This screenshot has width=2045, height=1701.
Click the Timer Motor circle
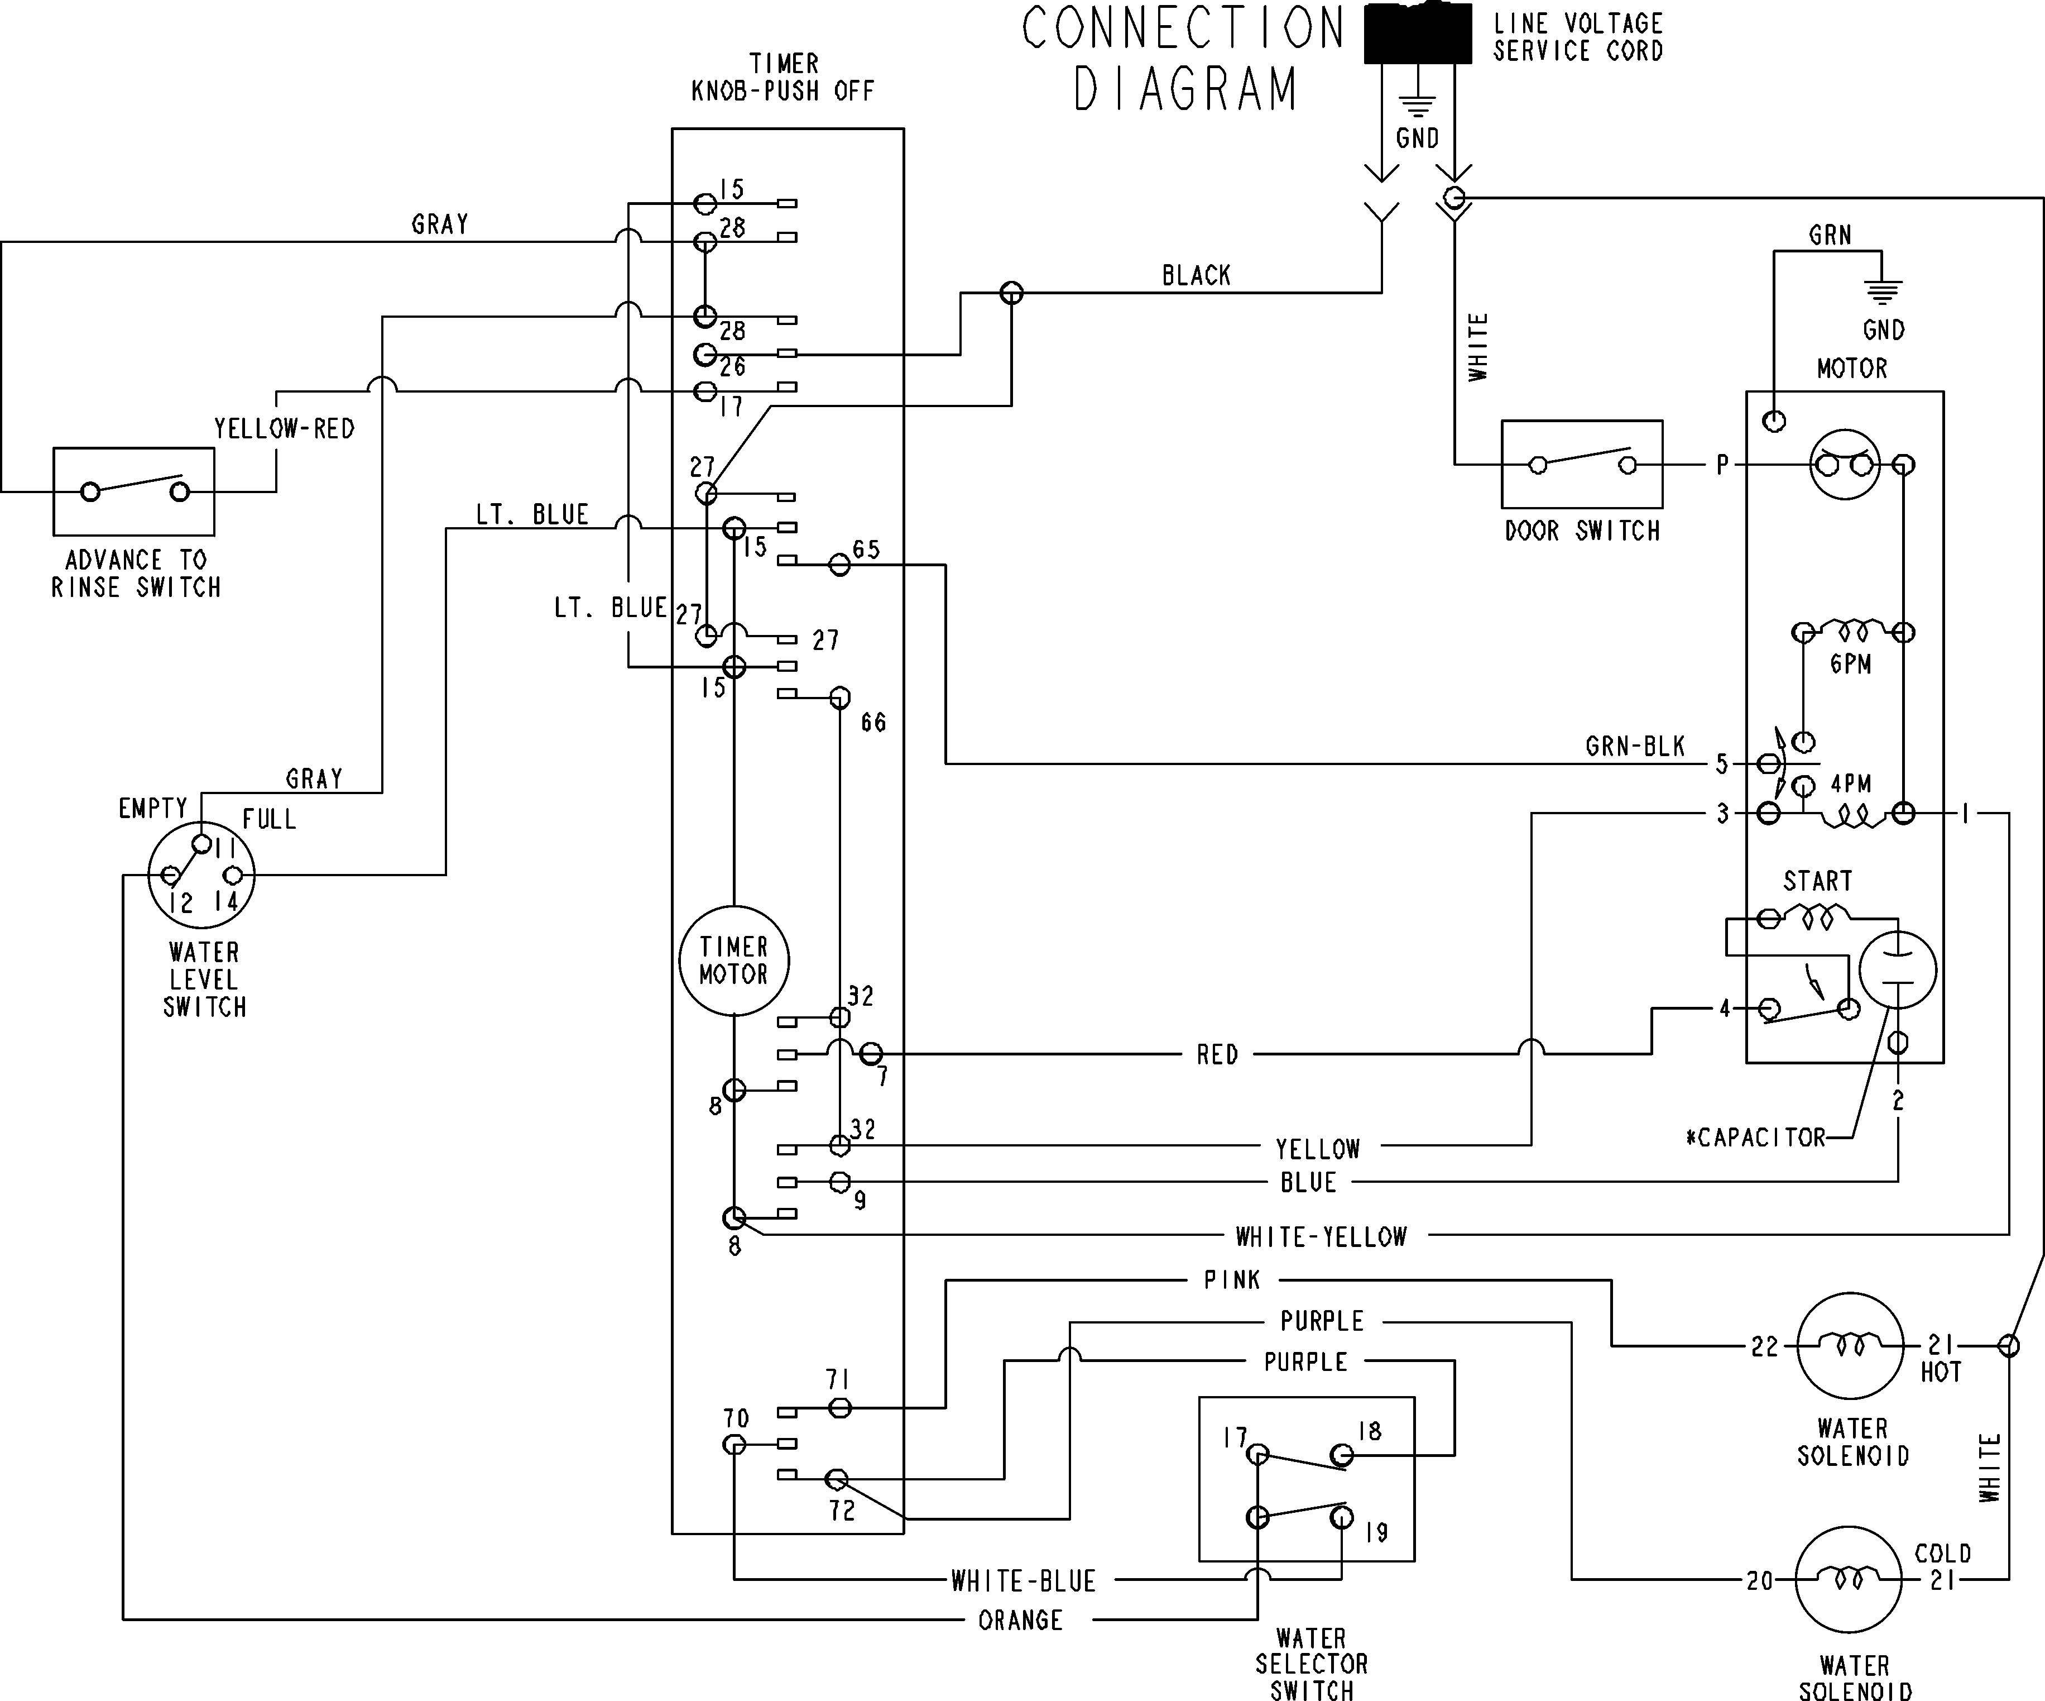pyautogui.click(x=733, y=961)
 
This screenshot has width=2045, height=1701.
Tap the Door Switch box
pyautogui.click(x=1581, y=465)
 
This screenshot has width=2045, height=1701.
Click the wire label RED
pyautogui.click(x=1217, y=1054)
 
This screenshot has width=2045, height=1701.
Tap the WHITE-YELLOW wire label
pyautogui.click(x=1321, y=1236)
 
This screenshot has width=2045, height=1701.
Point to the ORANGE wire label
pyautogui.click(x=1020, y=1620)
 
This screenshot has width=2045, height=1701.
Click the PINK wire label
pyautogui.click(x=1232, y=1279)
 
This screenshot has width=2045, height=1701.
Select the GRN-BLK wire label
pyautogui.click(x=1635, y=746)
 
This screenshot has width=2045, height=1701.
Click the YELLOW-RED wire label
pyautogui.click(x=284, y=428)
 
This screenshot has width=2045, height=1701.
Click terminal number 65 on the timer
pyautogui.click(x=866, y=550)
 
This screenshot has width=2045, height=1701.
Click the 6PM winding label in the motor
pyautogui.click(x=1850, y=663)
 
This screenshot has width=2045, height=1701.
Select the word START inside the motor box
pyautogui.click(x=1817, y=881)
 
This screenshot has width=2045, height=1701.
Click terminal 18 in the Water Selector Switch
pyautogui.click(x=1369, y=1431)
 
